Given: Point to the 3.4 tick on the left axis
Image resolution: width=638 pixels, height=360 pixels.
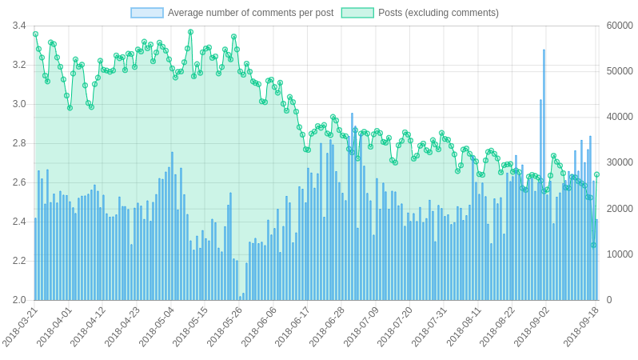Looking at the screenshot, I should point(19,26).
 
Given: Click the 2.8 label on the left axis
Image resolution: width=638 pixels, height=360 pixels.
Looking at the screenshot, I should point(19,143).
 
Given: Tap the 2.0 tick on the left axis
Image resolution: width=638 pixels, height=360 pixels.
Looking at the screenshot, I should point(19,300).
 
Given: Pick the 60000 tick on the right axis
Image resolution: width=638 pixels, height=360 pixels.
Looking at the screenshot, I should point(620,26).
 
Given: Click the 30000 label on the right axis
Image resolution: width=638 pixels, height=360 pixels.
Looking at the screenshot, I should point(620,162).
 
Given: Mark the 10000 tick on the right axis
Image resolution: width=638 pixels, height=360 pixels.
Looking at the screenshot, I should point(620,254).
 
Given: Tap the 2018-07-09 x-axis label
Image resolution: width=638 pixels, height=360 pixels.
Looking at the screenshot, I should point(363,326).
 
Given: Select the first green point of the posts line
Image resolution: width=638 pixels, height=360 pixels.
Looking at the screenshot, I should point(35,34).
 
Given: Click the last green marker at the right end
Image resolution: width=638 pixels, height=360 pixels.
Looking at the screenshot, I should point(596,174).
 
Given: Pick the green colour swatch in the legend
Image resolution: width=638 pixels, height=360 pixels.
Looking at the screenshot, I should point(357,13).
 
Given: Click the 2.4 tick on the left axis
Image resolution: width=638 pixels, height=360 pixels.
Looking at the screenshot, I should point(19,222).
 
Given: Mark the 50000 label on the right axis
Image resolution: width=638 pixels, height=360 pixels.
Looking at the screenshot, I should point(620,71).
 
